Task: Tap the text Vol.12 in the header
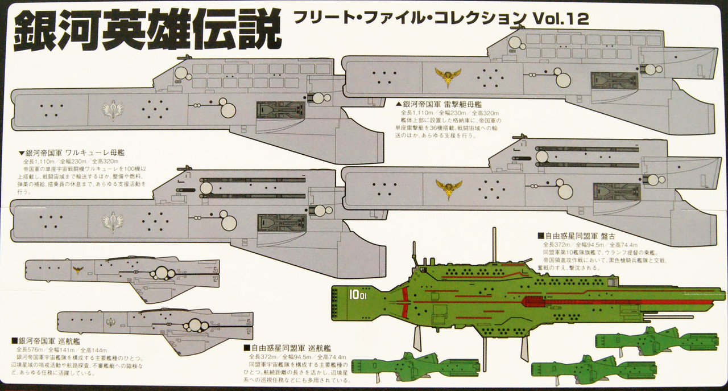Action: pos(561,19)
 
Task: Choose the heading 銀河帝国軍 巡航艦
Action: pos(43,340)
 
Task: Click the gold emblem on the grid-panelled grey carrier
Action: pos(448,76)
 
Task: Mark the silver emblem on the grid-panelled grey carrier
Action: pos(113,109)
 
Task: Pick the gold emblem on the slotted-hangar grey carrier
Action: pos(448,187)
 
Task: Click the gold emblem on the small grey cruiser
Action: pos(78,270)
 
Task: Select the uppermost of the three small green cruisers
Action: pos(656,340)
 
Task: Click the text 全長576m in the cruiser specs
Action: pos(30,349)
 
